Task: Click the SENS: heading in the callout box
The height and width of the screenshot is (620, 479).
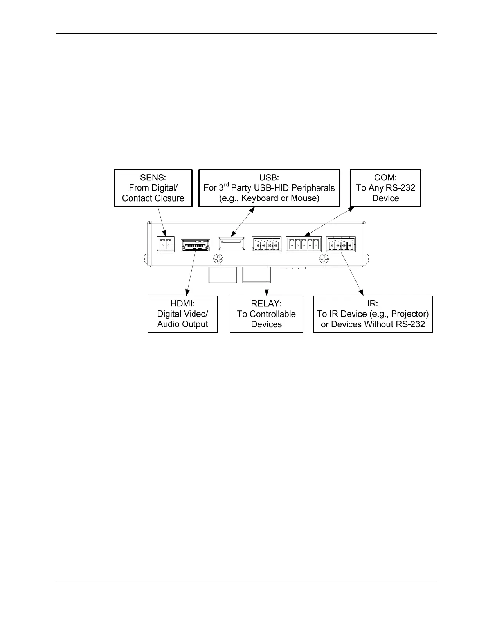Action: (x=153, y=177)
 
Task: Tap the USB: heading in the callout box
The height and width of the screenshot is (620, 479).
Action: (x=269, y=177)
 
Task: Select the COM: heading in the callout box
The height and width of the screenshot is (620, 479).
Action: (x=385, y=177)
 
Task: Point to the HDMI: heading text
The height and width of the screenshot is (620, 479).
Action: (x=182, y=303)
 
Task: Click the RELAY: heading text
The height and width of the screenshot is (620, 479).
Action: (x=266, y=303)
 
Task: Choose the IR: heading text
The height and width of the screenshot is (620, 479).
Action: (x=373, y=303)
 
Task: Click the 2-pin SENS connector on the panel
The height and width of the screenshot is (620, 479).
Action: (x=166, y=244)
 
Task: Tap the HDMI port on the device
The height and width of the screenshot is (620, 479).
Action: (x=195, y=245)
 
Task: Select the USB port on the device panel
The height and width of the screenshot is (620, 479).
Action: (x=232, y=243)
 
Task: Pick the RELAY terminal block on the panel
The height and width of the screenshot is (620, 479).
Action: (x=267, y=245)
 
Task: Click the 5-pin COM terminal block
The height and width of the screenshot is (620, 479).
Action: (x=304, y=245)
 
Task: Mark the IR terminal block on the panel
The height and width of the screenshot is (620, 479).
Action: (x=341, y=245)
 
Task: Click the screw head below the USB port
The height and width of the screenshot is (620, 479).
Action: (x=219, y=259)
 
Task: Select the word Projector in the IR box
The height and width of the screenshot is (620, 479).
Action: (x=409, y=314)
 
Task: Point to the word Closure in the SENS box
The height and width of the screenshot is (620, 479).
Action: (x=169, y=198)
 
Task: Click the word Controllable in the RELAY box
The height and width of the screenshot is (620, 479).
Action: (x=272, y=314)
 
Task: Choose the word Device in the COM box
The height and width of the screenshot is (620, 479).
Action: (x=385, y=198)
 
